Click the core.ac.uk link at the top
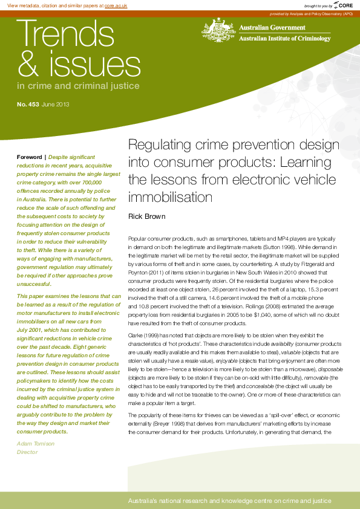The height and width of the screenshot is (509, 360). click(x=116, y=5)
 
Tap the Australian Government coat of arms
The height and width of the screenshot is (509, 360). click(x=218, y=30)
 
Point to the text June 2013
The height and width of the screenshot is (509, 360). click(x=56, y=105)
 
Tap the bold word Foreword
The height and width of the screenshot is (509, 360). click(x=29, y=157)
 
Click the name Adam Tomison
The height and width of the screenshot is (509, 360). click(x=36, y=444)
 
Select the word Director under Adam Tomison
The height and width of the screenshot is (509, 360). click(x=27, y=452)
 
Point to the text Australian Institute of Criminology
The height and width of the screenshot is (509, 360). click(x=285, y=39)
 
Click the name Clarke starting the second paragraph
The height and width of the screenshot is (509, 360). click(x=136, y=334)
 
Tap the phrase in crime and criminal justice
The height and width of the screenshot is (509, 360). click(x=78, y=86)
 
